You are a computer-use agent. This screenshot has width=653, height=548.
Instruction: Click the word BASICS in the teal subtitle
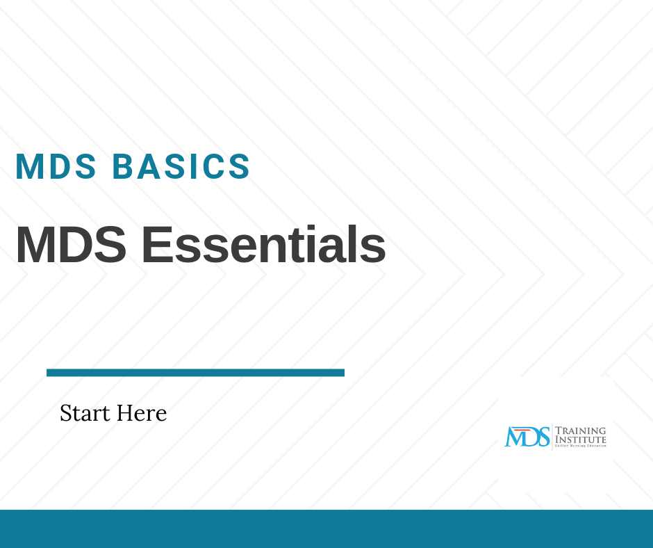click(181, 167)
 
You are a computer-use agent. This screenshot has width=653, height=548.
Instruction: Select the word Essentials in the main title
click(263, 245)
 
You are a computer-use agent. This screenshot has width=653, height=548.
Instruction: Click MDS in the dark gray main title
click(71, 245)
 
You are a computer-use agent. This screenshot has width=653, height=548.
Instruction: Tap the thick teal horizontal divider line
click(195, 373)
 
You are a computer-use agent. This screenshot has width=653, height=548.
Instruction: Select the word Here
click(142, 413)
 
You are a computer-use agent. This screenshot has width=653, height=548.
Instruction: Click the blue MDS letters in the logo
click(527, 437)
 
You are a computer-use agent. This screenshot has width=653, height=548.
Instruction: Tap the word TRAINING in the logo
click(580, 431)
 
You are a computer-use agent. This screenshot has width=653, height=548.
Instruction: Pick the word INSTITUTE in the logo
click(580, 440)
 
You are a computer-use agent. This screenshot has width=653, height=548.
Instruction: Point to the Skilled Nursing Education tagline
click(580, 446)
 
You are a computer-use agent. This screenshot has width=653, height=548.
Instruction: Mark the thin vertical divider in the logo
click(552, 437)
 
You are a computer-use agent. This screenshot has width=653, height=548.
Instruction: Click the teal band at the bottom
click(326, 529)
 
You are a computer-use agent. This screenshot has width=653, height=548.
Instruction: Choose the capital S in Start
click(66, 413)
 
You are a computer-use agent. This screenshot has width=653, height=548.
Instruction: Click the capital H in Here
click(124, 413)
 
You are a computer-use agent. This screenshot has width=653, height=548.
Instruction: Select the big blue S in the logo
click(543, 437)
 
